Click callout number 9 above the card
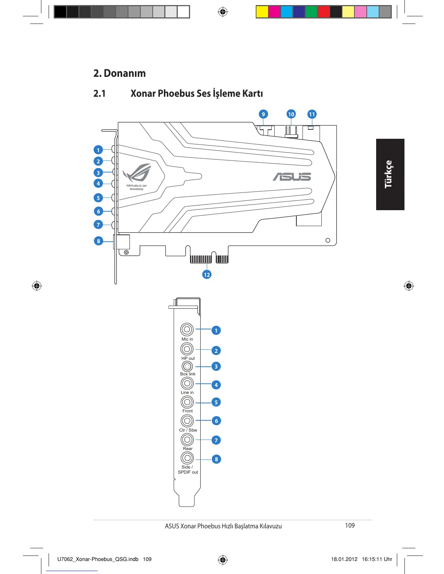click(x=263, y=114)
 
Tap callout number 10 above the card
click(x=291, y=114)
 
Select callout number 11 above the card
click(x=312, y=114)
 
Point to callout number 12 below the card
click(x=207, y=275)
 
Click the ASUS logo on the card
click(x=292, y=176)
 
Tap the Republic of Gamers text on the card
click(x=137, y=187)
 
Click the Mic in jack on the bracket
click(x=187, y=329)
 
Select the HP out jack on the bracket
click(x=187, y=349)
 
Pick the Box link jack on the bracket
click(x=187, y=366)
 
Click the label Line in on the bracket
click(x=187, y=392)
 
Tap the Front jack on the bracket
click(x=187, y=402)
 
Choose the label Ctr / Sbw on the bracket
click(x=188, y=430)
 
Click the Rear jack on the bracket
click(x=187, y=440)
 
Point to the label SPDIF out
click(x=188, y=472)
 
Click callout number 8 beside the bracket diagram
click(x=216, y=459)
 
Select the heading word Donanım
click(x=125, y=73)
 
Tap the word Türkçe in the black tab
click(x=388, y=174)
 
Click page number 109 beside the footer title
click(x=350, y=525)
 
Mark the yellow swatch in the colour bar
click(x=262, y=12)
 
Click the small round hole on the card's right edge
click(x=328, y=240)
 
